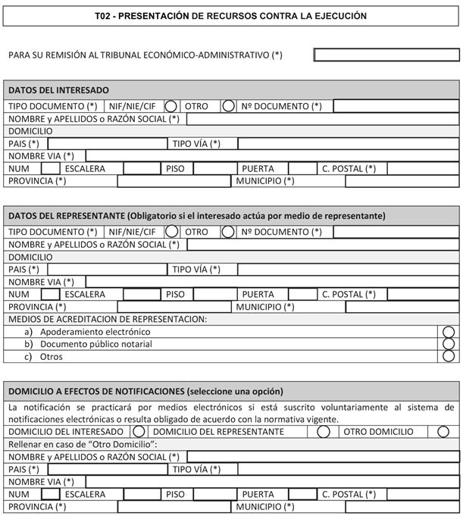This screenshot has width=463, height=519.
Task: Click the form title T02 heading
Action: click(x=231, y=16)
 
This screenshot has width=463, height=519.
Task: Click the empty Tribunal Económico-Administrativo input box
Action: click(x=386, y=55)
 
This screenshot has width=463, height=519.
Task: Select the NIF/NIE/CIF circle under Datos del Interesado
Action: click(x=171, y=106)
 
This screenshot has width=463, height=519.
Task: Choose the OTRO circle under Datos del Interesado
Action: click(x=228, y=106)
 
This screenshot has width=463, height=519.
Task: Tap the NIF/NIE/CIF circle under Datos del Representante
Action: click(x=171, y=232)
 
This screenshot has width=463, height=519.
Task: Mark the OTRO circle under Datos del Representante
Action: click(x=228, y=232)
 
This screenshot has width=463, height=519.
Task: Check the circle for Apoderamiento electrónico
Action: click(x=449, y=332)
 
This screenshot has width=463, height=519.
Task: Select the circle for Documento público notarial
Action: click(x=449, y=344)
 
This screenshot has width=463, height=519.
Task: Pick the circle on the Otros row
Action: click(x=449, y=356)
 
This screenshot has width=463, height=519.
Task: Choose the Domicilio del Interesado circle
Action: click(x=139, y=431)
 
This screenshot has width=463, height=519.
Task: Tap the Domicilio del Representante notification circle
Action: click(x=324, y=431)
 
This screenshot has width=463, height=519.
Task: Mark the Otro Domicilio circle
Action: click(x=443, y=431)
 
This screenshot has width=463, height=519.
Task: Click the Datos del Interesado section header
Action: click(x=58, y=90)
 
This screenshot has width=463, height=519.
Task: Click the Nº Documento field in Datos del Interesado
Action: click(x=396, y=106)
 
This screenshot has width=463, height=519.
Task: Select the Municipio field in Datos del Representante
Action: click(x=402, y=307)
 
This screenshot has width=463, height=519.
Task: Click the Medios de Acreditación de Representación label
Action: click(x=107, y=319)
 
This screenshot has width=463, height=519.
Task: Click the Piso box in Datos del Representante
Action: click(x=214, y=294)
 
